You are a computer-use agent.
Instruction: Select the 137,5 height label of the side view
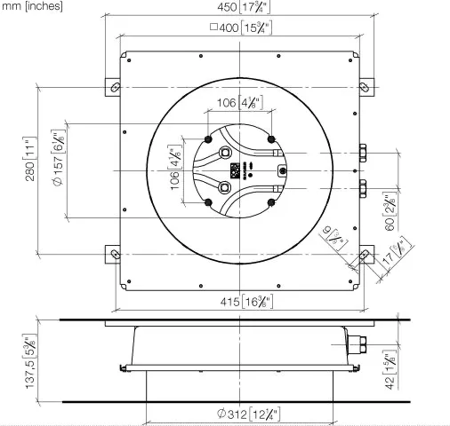coord(30,362)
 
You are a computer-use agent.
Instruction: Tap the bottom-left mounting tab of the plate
coord(113,254)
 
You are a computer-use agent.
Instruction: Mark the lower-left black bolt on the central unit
coord(208,201)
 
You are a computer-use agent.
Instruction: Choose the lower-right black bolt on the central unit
coord(270,201)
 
